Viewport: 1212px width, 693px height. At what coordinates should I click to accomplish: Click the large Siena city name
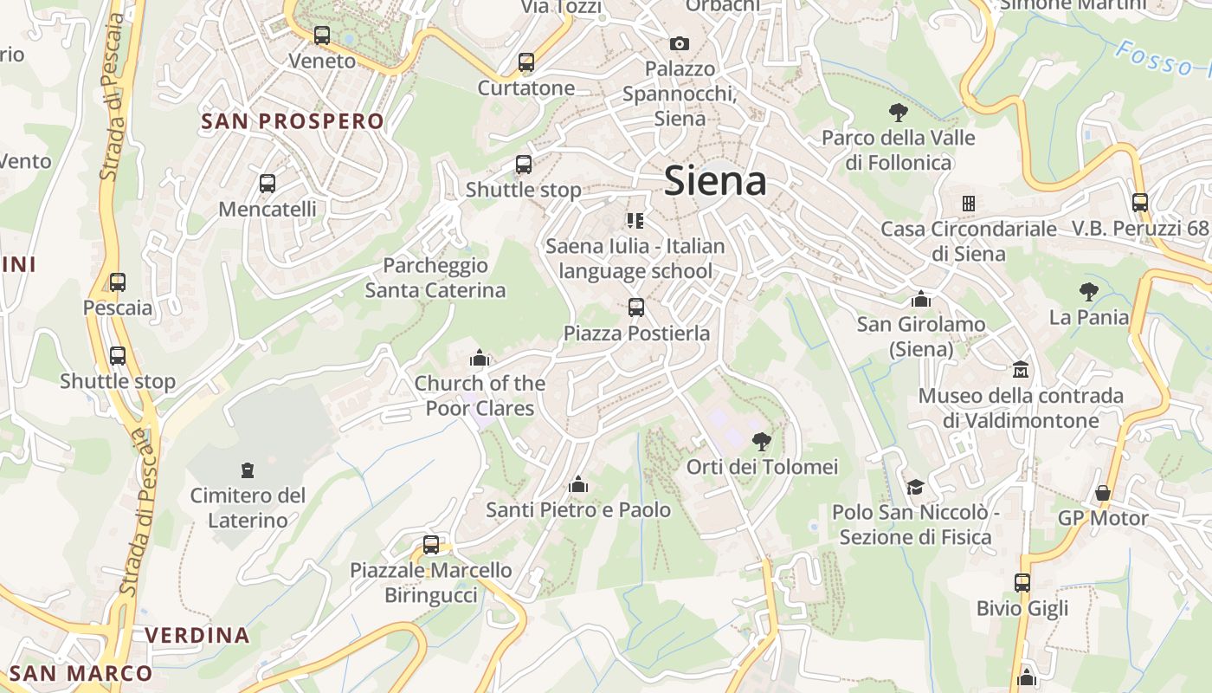715,182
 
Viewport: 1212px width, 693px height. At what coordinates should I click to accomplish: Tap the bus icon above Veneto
322,36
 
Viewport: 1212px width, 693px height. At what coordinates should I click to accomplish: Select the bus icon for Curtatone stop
526,62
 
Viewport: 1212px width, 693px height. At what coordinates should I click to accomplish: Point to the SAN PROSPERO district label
293,121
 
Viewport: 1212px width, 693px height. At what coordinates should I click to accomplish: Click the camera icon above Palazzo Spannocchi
680,43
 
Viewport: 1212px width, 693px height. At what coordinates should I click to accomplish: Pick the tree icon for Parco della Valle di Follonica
898,112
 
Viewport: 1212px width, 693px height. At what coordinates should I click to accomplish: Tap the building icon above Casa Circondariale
968,204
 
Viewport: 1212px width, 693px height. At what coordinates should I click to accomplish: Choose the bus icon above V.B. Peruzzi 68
1140,203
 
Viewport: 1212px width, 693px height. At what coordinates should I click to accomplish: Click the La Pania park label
1089,317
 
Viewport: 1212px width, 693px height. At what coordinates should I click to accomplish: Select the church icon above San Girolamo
921,299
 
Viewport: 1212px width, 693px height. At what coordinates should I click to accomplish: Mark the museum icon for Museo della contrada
1021,370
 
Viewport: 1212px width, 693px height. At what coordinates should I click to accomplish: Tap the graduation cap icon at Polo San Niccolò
915,487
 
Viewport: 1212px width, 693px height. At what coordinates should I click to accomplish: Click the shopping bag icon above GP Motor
1102,493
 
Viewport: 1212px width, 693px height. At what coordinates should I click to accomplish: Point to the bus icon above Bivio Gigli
1022,582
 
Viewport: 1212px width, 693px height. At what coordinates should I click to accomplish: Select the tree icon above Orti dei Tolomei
762,442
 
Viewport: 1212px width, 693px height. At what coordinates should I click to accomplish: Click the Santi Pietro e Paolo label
578,510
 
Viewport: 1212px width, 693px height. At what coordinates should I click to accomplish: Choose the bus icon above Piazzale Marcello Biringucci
431,545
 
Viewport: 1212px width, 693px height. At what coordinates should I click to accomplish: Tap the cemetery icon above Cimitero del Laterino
248,470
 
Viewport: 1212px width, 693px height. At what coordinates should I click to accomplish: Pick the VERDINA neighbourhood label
197,635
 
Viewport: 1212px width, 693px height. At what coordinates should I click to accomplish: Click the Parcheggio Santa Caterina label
435,277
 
